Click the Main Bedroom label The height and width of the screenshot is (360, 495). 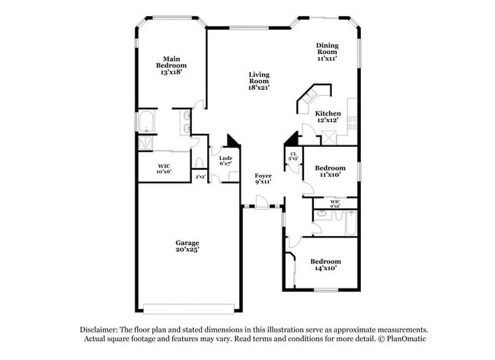pos(171,62)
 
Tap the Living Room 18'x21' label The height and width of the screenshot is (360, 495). pos(259,81)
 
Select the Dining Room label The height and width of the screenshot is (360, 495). pos(327,51)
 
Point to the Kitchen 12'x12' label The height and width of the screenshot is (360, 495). pos(328,116)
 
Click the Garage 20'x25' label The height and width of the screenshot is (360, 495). pos(187,247)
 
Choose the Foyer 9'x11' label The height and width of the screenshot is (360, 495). pos(263,179)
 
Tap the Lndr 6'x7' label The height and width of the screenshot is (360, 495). pos(225,161)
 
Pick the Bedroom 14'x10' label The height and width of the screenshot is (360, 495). pos(325,264)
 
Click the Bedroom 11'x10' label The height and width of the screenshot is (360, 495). pos(328,171)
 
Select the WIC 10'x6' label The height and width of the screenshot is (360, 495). pos(164,168)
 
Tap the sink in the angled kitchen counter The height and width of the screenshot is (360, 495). pos(308,97)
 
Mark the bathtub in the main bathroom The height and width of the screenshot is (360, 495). pos(145,123)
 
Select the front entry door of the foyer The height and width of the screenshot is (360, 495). pos(260,204)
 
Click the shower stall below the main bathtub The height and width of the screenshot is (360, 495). pos(145,142)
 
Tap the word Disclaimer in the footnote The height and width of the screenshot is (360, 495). pos(99,330)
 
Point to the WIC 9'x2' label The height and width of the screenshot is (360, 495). pos(335,203)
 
